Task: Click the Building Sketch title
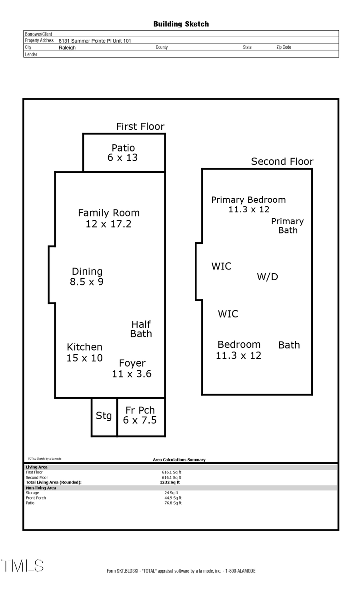(x=181, y=24)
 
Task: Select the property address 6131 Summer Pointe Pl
(x=95, y=41)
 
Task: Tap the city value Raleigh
(x=67, y=48)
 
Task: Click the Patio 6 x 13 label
(x=123, y=153)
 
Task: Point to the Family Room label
(x=108, y=218)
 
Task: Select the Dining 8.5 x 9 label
(x=87, y=277)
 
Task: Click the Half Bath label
(x=141, y=329)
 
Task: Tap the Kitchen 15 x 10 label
(x=84, y=352)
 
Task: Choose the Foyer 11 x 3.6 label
(x=132, y=368)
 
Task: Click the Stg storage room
(x=104, y=416)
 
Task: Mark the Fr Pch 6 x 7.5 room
(x=140, y=415)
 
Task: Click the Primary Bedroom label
(x=248, y=204)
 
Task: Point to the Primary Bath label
(x=288, y=226)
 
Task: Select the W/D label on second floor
(x=267, y=277)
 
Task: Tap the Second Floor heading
(x=282, y=162)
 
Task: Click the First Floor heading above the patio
(x=140, y=127)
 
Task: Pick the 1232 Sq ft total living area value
(x=170, y=482)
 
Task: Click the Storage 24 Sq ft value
(x=171, y=493)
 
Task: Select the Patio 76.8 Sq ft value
(x=173, y=503)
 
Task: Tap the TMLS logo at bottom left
(x=22, y=566)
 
